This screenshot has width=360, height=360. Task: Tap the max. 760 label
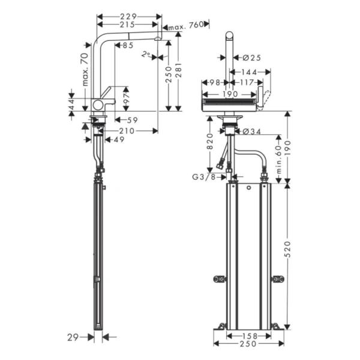point(185,26)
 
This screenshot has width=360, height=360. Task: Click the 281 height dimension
point(178,73)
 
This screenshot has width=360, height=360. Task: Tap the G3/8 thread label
point(204,177)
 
